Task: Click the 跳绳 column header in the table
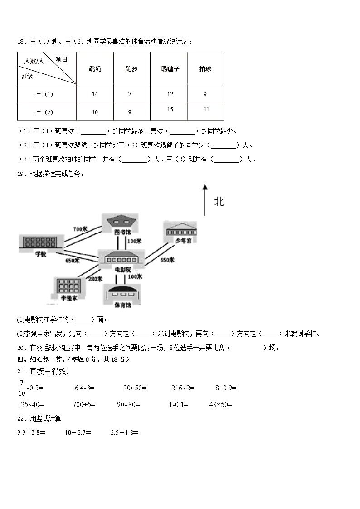(95, 69)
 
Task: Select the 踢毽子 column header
(170, 69)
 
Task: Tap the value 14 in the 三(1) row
(95, 94)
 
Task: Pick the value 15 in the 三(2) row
(170, 110)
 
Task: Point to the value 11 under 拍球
(206, 110)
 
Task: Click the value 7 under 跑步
(130, 94)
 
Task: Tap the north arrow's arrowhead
(205, 187)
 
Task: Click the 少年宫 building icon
(181, 229)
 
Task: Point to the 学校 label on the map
(41, 254)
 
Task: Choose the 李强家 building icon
(68, 286)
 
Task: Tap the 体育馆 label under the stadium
(122, 305)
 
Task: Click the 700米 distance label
(80, 229)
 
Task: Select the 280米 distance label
(95, 279)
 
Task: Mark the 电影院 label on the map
(122, 269)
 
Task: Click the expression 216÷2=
(183, 388)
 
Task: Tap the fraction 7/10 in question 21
(22, 388)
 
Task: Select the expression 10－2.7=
(78, 432)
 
